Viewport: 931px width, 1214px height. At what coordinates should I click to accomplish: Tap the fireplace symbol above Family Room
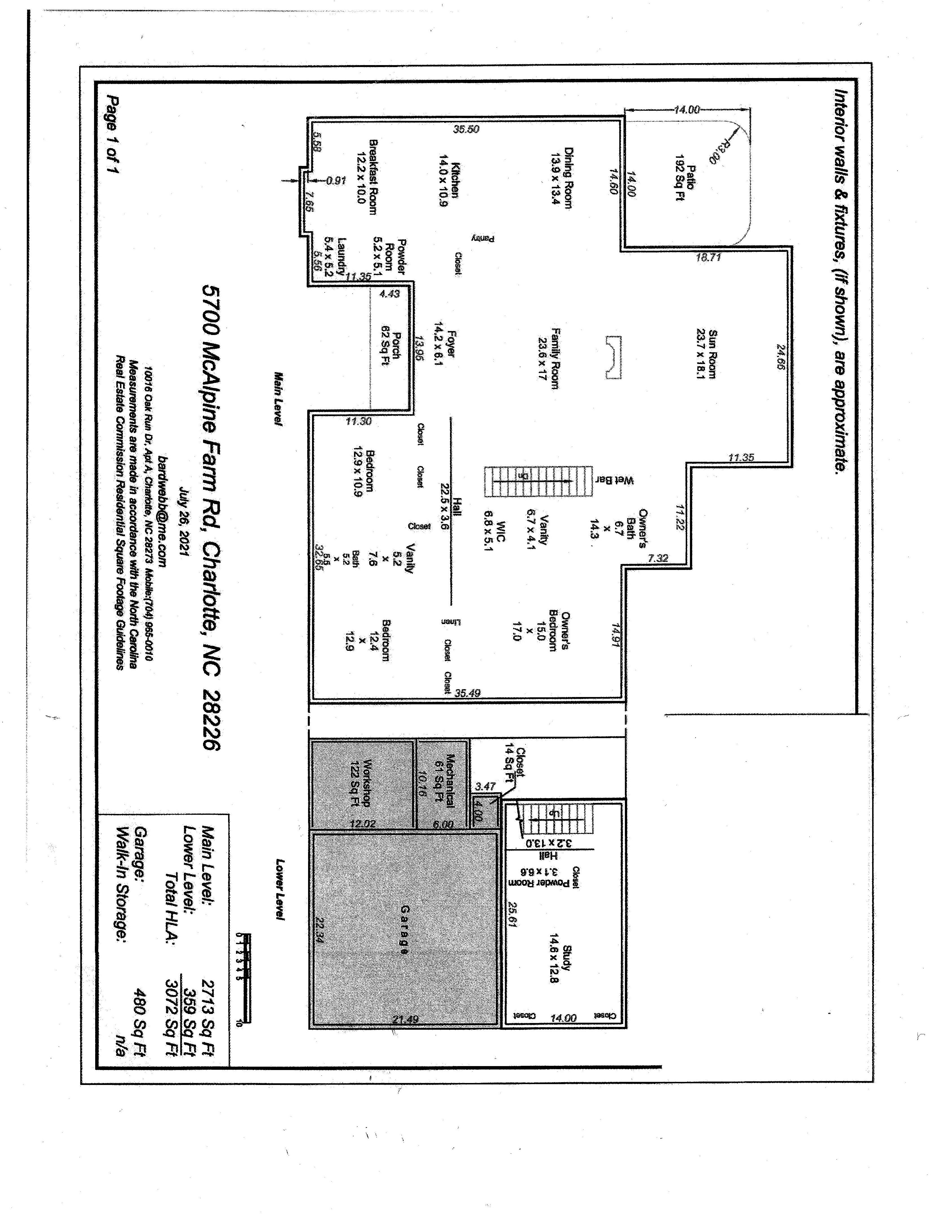(x=613, y=358)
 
